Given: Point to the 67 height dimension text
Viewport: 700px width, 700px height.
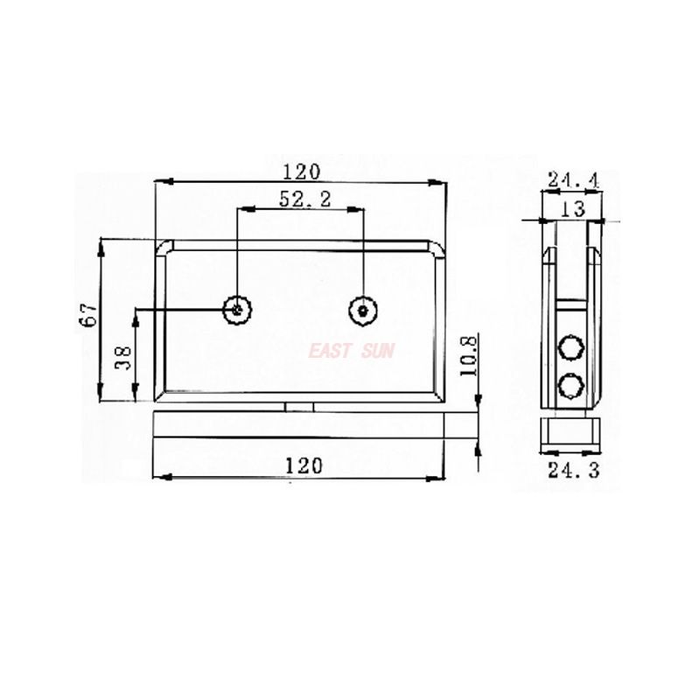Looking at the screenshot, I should pyautogui.click(x=87, y=316).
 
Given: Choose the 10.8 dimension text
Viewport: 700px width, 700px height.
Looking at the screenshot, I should pyautogui.click(x=468, y=356).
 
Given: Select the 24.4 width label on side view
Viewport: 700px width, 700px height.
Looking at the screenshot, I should pyautogui.click(x=572, y=180).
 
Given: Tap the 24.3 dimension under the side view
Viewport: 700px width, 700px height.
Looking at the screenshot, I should pyautogui.click(x=573, y=471).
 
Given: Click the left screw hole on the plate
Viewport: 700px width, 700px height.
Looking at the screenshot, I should pyautogui.click(x=238, y=309).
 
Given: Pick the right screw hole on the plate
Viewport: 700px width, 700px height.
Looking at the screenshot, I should pyautogui.click(x=362, y=310).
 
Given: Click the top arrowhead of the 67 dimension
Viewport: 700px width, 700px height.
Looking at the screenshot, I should pyautogui.click(x=101, y=245).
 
